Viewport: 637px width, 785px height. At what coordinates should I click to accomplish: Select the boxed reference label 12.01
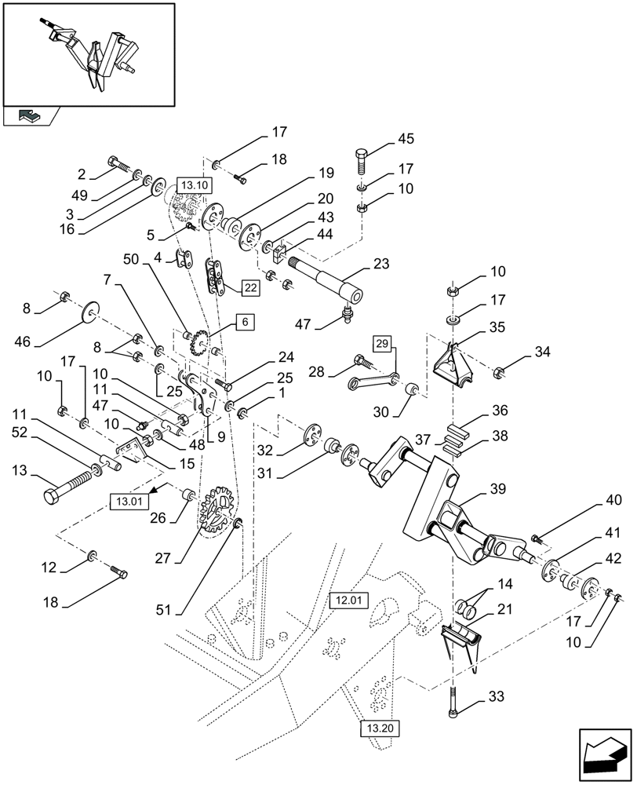348,601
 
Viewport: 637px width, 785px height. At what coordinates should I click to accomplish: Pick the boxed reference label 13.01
127,500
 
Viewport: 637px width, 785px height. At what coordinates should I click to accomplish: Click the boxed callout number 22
249,288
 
